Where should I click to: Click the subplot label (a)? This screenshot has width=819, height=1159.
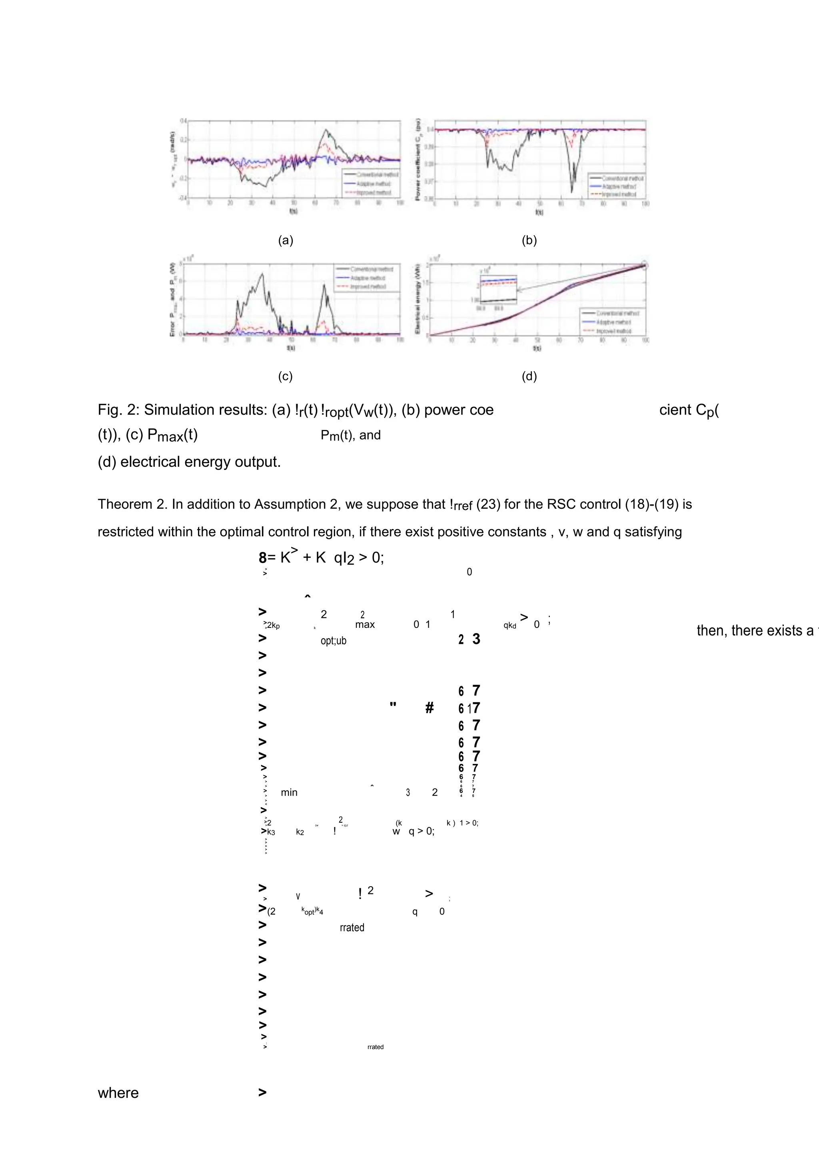point(285,240)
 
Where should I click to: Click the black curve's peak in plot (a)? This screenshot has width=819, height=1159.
point(326,130)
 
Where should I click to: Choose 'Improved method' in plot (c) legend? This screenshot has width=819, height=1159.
point(368,287)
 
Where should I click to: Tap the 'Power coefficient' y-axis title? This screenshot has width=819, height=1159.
point(418,159)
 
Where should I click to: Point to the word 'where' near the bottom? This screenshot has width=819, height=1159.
point(118,1093)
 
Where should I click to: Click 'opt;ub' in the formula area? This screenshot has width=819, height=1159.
point(334,641)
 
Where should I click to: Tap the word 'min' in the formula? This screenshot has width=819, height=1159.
point(289,793)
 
